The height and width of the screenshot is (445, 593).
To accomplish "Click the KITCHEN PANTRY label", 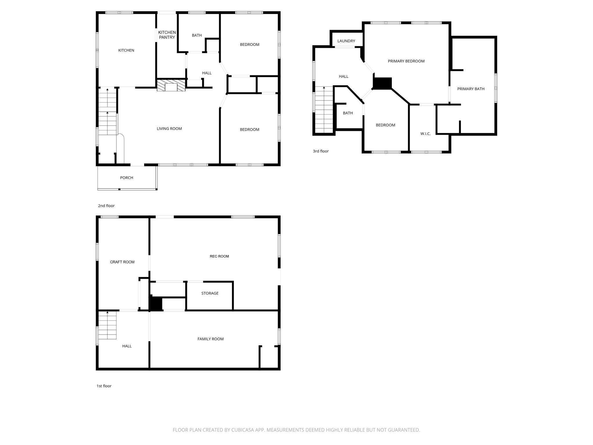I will click(167, 35).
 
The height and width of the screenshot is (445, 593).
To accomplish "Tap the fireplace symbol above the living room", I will click(171, 85).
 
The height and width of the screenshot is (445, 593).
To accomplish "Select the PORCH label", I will click(127, 178).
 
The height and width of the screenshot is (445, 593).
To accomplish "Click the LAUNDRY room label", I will click(346, 41).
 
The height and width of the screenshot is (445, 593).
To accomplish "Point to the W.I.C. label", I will click(425, 134).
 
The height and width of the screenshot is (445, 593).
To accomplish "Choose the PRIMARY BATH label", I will click(471, 89).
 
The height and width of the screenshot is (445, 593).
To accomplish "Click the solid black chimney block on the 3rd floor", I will click(382, 83).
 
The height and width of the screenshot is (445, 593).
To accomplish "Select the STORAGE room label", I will click(210, 293).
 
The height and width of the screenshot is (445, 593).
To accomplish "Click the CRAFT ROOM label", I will click(122, 262).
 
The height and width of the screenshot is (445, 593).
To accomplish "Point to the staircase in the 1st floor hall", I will click(107, 325).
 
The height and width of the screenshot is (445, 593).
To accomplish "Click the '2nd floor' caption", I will click(106, 206).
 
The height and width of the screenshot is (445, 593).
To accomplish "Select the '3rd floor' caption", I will click(321, 151).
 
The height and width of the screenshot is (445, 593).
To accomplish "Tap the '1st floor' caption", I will click(104, 386).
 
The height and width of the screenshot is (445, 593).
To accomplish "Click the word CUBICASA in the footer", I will click(243, 430).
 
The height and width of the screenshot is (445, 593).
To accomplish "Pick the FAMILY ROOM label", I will click(211, 339).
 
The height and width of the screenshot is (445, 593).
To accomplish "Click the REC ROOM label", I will click(219, 256).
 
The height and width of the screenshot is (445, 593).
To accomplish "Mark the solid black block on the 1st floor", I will click(155, 304).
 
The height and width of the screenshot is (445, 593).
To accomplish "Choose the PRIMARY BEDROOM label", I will click(406, 61).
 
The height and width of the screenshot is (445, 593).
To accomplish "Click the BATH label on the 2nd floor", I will click(197, 35).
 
